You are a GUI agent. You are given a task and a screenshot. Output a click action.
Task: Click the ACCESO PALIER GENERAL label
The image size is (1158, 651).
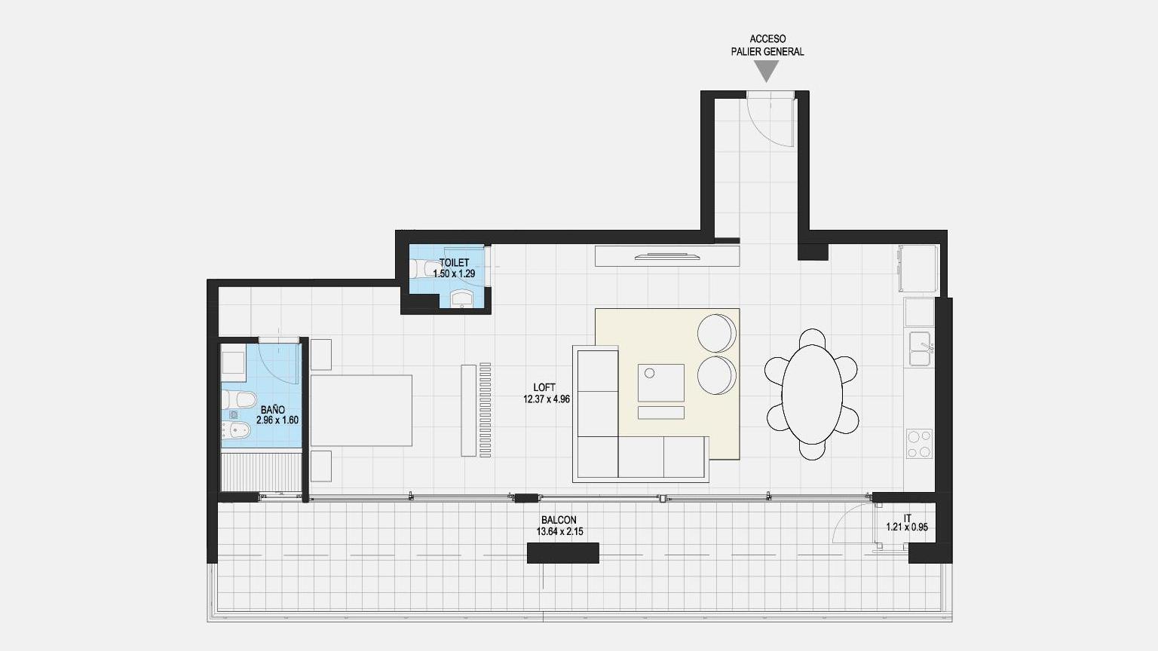point(767,45)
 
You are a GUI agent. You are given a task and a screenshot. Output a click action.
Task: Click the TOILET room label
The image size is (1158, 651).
point(455,263)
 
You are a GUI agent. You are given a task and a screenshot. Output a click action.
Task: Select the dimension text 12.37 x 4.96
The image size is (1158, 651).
point(547,399)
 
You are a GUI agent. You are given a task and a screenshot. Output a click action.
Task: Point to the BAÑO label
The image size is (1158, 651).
point(272,410)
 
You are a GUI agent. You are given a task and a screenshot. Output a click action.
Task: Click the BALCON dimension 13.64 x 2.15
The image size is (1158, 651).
point(560,532)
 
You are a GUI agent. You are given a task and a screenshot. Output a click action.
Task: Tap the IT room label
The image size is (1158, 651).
point(907,518)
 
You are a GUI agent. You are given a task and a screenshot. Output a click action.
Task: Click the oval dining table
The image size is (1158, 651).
point(812,394)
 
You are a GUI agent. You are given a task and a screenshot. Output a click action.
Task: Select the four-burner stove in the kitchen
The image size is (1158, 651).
point(919,444)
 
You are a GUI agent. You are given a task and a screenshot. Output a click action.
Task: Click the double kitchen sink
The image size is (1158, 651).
point(921,350)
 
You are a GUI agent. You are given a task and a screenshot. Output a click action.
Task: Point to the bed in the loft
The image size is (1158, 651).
point(361,410)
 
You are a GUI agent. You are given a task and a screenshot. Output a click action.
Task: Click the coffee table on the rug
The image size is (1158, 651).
point(660,383)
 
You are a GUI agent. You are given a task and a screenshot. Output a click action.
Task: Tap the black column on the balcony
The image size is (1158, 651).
point(563,553)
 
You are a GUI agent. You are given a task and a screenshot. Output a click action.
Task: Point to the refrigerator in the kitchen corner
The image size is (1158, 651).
point(918,269)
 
